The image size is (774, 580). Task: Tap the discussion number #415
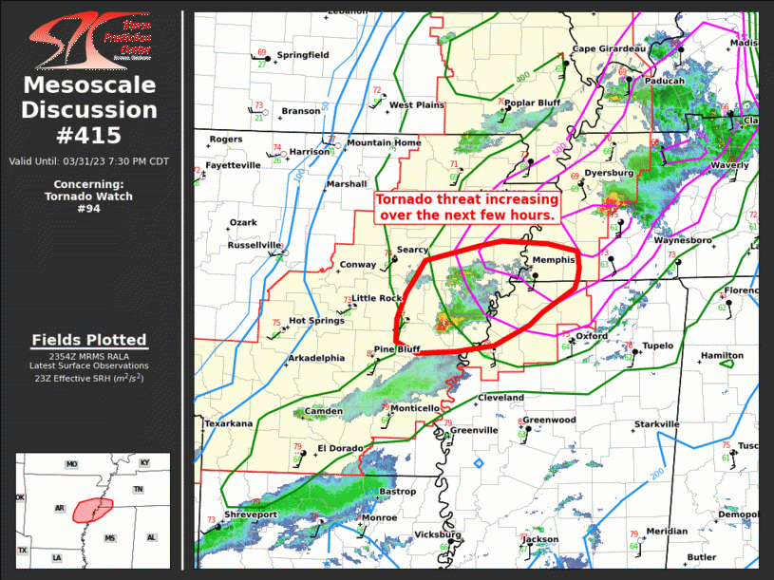click(88, 136)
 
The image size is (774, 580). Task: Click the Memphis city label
click(554, 259)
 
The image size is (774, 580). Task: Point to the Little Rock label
click(378, 298)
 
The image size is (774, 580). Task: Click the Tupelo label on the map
click(657, 346)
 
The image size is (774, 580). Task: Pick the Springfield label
click(302, 55)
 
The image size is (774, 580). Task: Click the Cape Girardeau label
click(608, 48)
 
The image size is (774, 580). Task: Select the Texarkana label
click(228, 423)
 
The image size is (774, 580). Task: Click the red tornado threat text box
click(466, 207)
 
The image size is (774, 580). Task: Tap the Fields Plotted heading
click(88, 340)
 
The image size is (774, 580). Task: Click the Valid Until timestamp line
click(88, 161)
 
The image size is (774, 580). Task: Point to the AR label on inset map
click(60, 509)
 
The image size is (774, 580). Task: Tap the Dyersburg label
click(608, 174)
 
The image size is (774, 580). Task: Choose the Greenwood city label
click(549, 420)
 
